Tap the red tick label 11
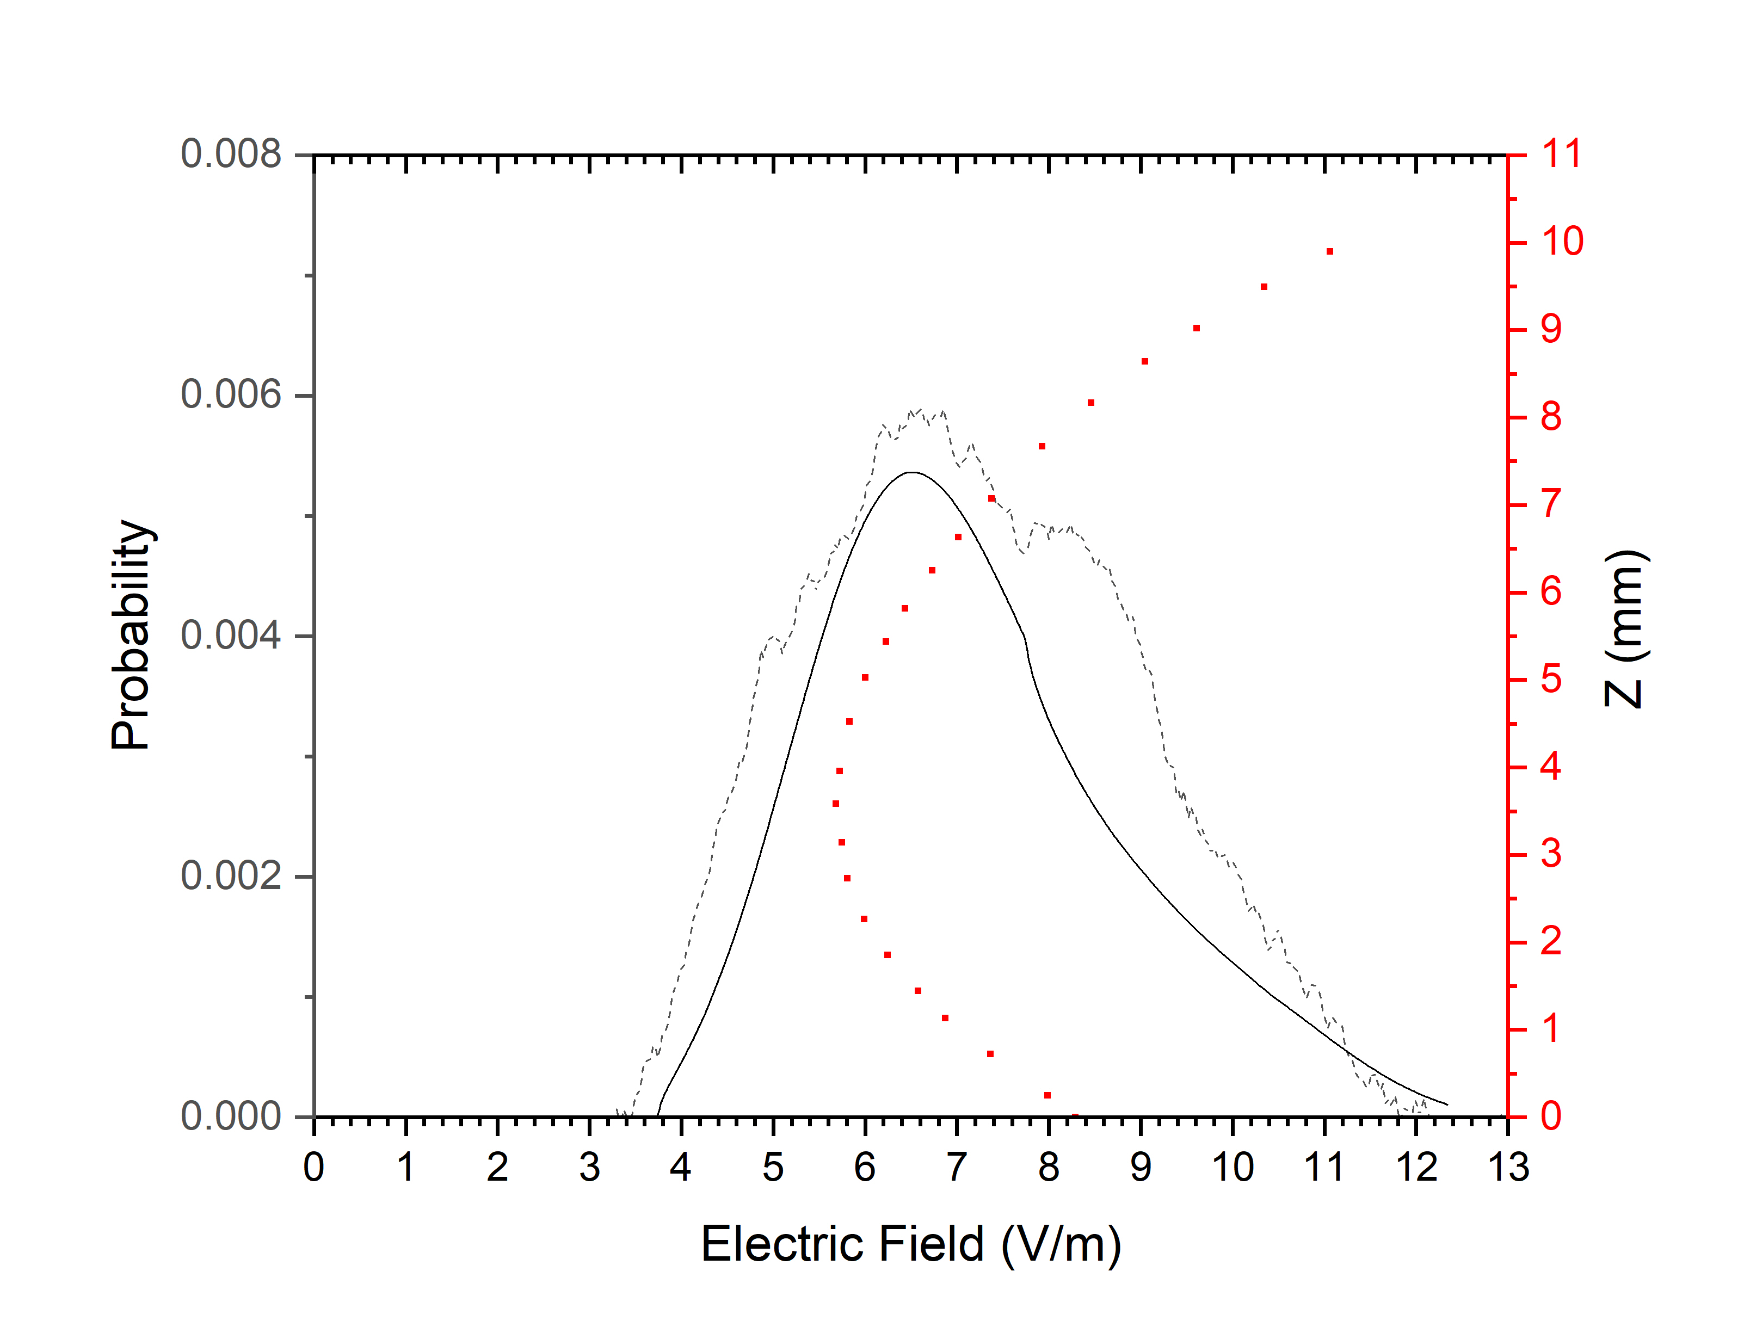pyautogui.click(x=1561, y=154)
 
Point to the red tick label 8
pyautogui.click(x=1551, y=417)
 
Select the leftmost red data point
pyautogui.click(x=836, y=804)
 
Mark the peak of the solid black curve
pyautogui.click(x=911, y=473)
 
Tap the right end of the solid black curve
pyautogui.click(x=1446, y=1104)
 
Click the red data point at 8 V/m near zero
pyautogui.click(x=1047, y=1095)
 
